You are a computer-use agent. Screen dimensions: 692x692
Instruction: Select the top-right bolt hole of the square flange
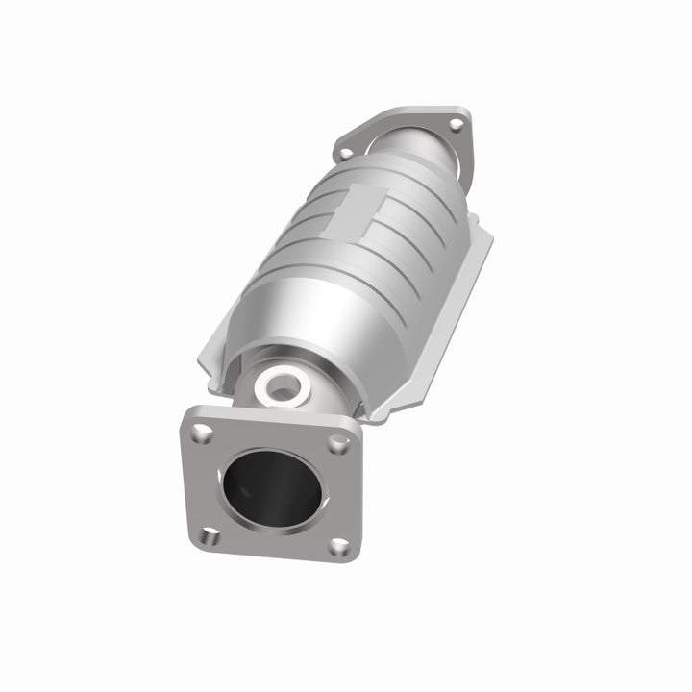coord(336,444)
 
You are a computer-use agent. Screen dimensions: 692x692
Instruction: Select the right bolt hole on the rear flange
coord(456,126)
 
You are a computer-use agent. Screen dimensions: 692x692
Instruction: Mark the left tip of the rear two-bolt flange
coord(337,151)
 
